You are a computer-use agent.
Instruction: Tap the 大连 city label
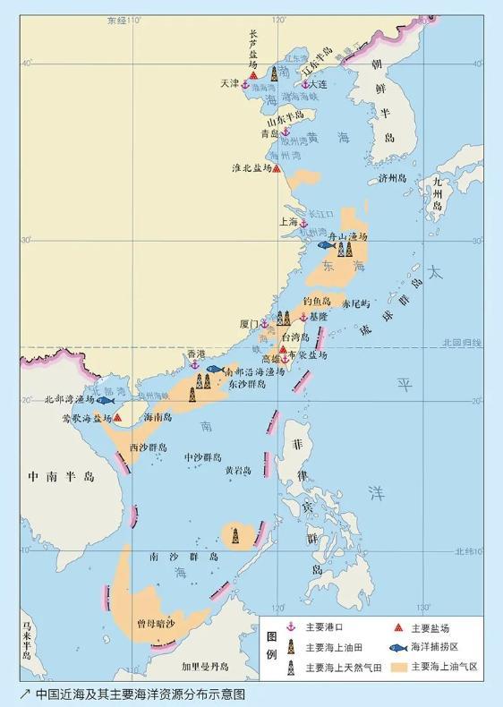tap(319, 84)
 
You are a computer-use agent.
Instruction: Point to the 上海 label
tap(289, 221)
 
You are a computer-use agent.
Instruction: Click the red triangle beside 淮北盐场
tap(277, 168)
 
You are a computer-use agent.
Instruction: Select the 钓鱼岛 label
tap(317, 302)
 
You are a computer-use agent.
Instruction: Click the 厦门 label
tap(249, 323)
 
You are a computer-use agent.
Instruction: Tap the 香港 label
tap(208, 354)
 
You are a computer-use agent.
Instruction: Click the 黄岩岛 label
tap(238, 469)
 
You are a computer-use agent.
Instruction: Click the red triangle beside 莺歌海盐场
tap(117, 417)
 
